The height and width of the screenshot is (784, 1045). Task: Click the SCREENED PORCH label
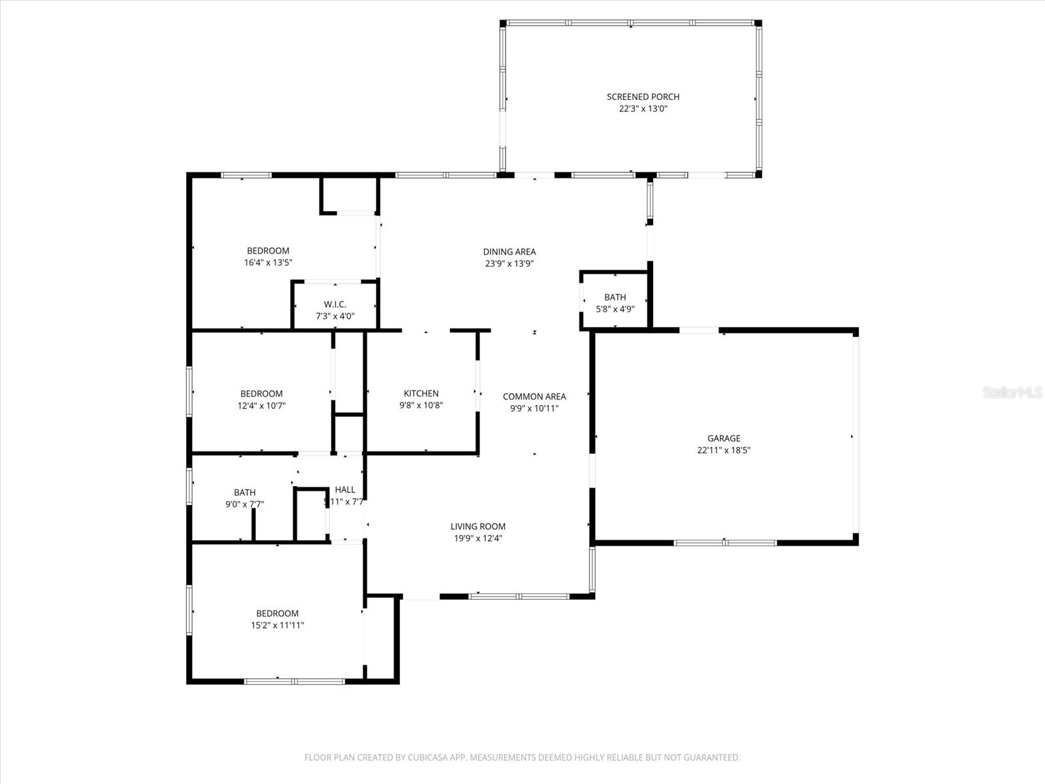coord(643,97)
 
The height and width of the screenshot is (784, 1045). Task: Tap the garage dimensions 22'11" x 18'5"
coord(724,450)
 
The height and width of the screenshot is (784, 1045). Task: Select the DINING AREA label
coord(509,252)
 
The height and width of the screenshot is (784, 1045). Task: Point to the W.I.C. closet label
coord(335,304)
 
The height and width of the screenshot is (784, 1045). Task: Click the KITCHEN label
coord(421,393)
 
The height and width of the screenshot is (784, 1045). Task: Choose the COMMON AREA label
coord(534,397)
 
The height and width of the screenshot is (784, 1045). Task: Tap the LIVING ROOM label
coord(478,527)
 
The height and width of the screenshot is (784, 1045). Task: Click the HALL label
coord(345,489)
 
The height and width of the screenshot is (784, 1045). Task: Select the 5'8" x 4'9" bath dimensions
coord(615,309)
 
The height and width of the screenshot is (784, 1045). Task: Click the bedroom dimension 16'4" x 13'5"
coord(268,263)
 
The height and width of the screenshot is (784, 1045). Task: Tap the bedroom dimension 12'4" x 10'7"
coord(261,406)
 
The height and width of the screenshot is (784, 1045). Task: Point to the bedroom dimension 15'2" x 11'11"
coord(278,625)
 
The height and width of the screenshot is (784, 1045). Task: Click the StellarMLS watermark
coord(1013,393)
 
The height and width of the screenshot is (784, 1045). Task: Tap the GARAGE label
coord(724,438)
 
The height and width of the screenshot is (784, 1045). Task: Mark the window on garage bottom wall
coord(725,542)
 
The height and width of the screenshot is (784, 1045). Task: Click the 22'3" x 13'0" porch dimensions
coord(643,109)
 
